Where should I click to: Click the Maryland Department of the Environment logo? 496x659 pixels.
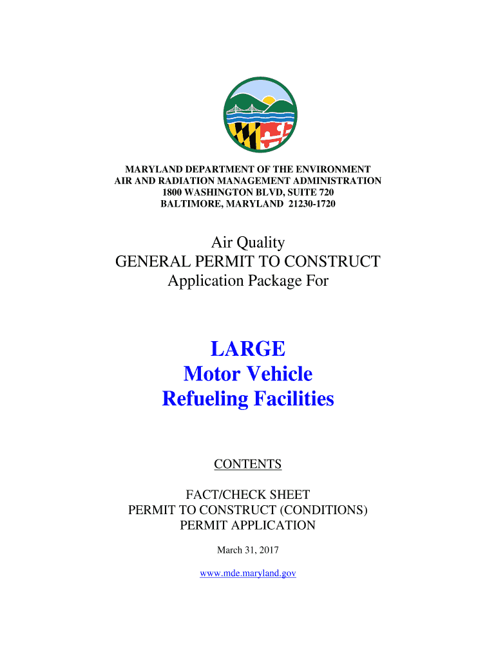(260, 114)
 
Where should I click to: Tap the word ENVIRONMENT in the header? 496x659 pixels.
(332, 169)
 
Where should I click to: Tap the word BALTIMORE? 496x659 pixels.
(187, 204)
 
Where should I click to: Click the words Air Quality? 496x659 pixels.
(248, 243)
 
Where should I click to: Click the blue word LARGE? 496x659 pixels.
(248, 349)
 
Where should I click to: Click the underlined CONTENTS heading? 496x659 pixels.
(248, 464)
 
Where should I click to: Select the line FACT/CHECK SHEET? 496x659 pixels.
(248, 495)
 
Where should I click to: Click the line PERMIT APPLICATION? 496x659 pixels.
(248, 525)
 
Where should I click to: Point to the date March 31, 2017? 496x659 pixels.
(248, 550)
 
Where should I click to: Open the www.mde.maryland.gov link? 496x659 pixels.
(248, 573)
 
